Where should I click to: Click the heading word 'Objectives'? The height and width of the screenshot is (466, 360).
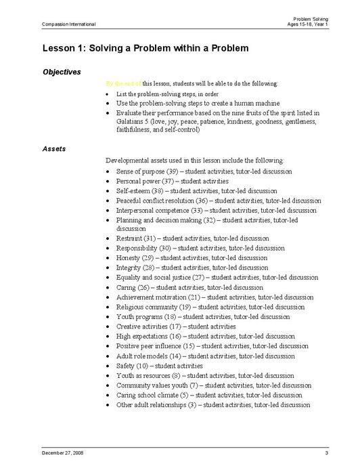[x=62, y=72]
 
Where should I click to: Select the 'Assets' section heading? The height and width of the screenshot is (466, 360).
[x=54, y=148]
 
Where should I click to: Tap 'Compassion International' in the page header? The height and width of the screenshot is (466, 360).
[x=68, y=24]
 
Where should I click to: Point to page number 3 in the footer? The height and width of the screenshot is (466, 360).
[x=326, y=452]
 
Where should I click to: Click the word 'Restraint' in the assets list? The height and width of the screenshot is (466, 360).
[x=129, y=238]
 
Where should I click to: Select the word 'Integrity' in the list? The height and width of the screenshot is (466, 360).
[x=129, y=268]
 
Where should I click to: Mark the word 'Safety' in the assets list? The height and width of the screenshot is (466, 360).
[x=126, y=366]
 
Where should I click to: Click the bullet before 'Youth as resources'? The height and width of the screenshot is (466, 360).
[x=110, y=376]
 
